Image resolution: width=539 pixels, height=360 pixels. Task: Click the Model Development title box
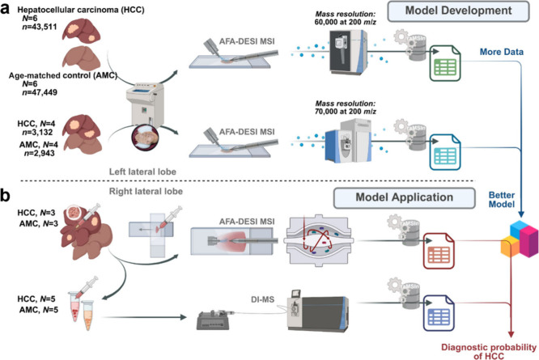458,11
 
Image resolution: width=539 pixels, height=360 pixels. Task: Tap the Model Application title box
405,198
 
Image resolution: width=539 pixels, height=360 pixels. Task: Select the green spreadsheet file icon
445,63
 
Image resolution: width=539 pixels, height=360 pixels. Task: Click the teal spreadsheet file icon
445,152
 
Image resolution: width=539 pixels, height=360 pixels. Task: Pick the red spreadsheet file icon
439,251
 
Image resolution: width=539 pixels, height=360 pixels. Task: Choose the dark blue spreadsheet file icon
439,313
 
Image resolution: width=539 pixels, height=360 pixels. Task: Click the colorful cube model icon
519,239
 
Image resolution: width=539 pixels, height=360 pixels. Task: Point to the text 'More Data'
502,52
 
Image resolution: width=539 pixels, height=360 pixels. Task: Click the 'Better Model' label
502,200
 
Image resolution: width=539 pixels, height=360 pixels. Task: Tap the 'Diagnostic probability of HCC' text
489,351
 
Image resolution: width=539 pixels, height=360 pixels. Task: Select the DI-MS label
263,299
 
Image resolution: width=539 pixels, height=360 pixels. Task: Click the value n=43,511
40,27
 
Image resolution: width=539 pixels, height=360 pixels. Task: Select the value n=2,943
39,153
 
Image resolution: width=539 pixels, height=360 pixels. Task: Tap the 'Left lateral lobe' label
142,172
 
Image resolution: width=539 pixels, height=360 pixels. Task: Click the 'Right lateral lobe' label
146,191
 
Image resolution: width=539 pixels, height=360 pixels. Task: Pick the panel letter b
6,196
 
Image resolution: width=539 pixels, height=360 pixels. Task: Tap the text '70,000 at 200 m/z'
345,112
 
